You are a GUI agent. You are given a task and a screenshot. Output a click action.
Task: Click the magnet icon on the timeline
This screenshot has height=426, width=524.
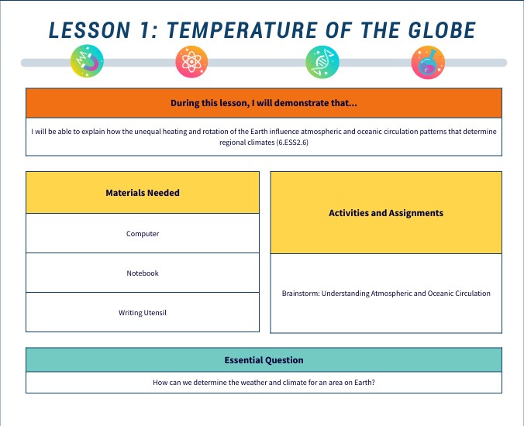pyautogui.click(x=87, y=61)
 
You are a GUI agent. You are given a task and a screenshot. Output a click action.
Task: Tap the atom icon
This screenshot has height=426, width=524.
pyautogui.click(x=191, y=61)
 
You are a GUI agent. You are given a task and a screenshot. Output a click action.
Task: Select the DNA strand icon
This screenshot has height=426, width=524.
pyautogui.click(x=321, y=61)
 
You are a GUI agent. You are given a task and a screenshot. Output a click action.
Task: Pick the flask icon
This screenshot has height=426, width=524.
pyautogui.click(x=427, y=61)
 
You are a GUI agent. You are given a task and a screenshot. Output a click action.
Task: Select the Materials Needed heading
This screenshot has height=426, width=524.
pyautogui.click(x=143, y=193)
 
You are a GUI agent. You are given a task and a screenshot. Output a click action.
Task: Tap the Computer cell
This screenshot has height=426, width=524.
pyautogui.click(x=143, y=233)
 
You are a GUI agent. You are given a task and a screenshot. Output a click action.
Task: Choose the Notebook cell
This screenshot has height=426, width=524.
pyautogui.click(x=143, y=273)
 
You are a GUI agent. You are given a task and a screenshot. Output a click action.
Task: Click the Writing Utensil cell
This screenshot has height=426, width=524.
pyautogui.click(x=143, y=313)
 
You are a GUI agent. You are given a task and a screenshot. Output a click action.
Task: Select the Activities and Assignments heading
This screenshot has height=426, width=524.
pyautogui.click(x=386, y=212)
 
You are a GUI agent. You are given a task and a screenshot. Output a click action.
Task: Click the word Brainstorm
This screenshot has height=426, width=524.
pyautogui.click(x=300, y=294)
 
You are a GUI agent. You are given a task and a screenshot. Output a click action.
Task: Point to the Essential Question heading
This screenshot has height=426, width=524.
pyautogui.click(x=264, y=360)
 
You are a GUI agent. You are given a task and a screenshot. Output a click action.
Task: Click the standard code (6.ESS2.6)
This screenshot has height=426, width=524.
pyautogui.click(x=298, y=143)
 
